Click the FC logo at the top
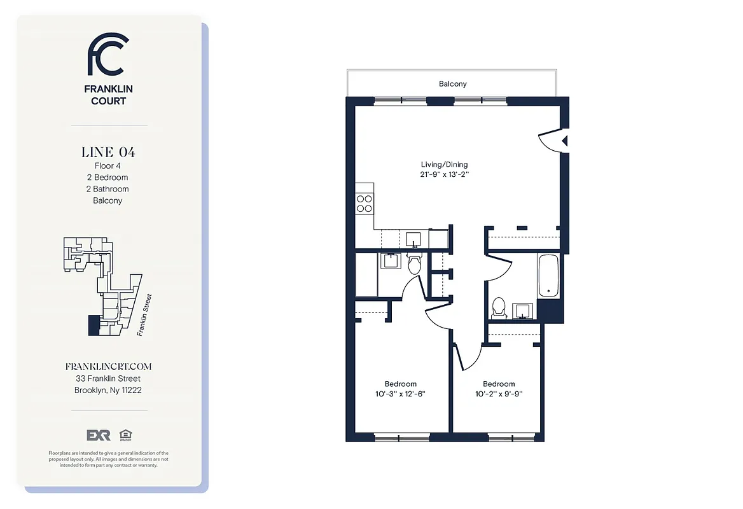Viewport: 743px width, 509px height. pyautogui.click(x=108, y=55)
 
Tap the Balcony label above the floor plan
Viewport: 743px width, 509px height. pyautogui.click(x=452, y=84)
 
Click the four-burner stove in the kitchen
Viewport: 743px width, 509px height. pyautogui.click(x=365, y=203)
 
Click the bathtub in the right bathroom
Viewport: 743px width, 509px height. pyautogui.click(x=548, y=276)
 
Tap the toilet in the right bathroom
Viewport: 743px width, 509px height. pyautogui.click(x=499, y=307)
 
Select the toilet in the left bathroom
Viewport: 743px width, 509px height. pyautogui.click(x=415, y=264)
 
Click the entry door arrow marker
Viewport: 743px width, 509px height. pyautogui.click(x=564, y=141)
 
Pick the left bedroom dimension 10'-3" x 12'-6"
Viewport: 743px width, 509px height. pyautogui.click(x=400, y=394)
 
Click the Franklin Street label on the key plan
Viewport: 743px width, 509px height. pyautogui.click(x=143, y=315)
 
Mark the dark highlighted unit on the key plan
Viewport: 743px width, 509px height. pyautogui.click(x=94, y=325)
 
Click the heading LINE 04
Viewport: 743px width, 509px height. pyautogui.click(x=108, y=152)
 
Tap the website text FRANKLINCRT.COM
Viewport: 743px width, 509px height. pyautogui.click(x=108, y=366)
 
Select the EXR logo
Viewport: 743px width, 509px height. pyautogui.click(x=99, y=435)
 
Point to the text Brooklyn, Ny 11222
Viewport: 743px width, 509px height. pyautogui.click(x=108, y=390)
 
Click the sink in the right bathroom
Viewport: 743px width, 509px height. pyautogui.click(x=523, y=310)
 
